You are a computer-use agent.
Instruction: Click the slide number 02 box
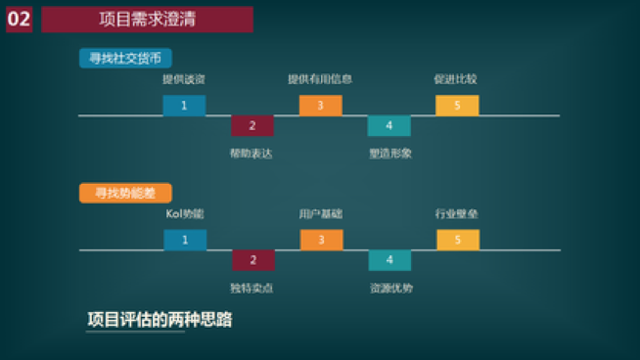19,20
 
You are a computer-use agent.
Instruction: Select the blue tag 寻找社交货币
124,59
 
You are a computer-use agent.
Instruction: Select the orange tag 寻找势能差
118,193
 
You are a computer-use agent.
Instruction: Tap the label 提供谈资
184,78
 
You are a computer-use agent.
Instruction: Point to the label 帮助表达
252,153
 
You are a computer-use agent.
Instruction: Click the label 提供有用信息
320,78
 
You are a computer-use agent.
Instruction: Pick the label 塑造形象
390,153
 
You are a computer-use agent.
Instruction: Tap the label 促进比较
456,78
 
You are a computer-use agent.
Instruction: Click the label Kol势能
185,213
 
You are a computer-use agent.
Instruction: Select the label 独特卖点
252,288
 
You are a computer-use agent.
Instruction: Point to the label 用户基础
321,213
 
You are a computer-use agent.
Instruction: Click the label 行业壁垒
457,213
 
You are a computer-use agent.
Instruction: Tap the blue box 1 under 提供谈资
184,105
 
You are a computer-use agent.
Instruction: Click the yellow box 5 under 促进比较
457,105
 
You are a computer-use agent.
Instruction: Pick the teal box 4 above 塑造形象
389,125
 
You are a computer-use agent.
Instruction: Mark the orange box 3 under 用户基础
321,240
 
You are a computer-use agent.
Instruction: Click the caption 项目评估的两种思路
160,320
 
